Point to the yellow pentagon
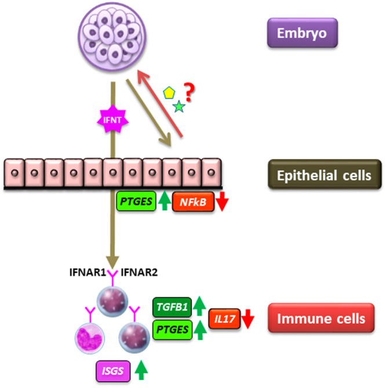point(169,92)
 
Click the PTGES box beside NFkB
point(137,202)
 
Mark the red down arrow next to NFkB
point(223,202)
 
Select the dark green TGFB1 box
point(171,306)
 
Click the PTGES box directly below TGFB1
point(171,329)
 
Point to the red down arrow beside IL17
point(249,317)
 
